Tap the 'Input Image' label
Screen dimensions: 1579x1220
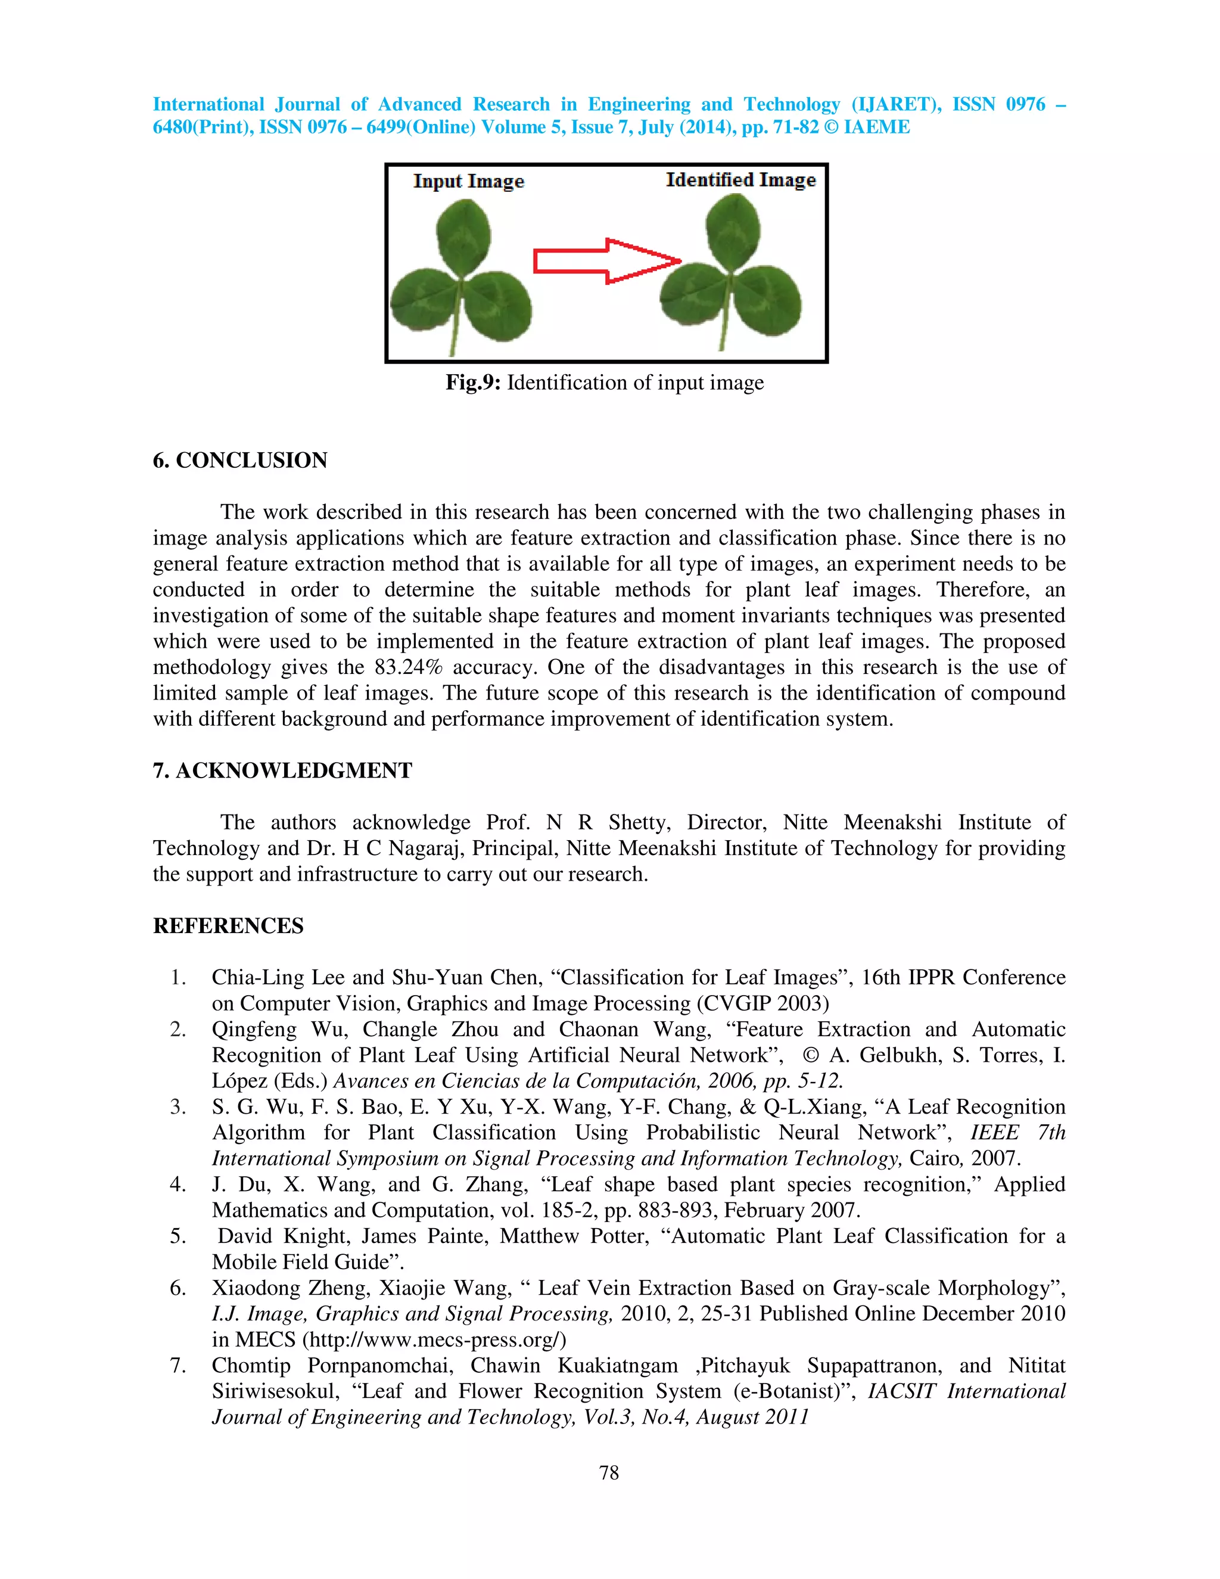coord(468,182)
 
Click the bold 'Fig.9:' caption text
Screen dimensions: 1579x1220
coord(472,383)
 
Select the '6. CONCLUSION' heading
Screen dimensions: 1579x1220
coord(240,461)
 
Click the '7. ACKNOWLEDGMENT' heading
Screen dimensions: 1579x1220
coord(282,770)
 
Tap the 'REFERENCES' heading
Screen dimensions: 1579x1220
coord(228,926)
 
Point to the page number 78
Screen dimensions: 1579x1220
coord(609,1474)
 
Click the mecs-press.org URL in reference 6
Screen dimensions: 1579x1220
coord(434,1339)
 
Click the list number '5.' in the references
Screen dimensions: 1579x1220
coord(178,1236)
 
